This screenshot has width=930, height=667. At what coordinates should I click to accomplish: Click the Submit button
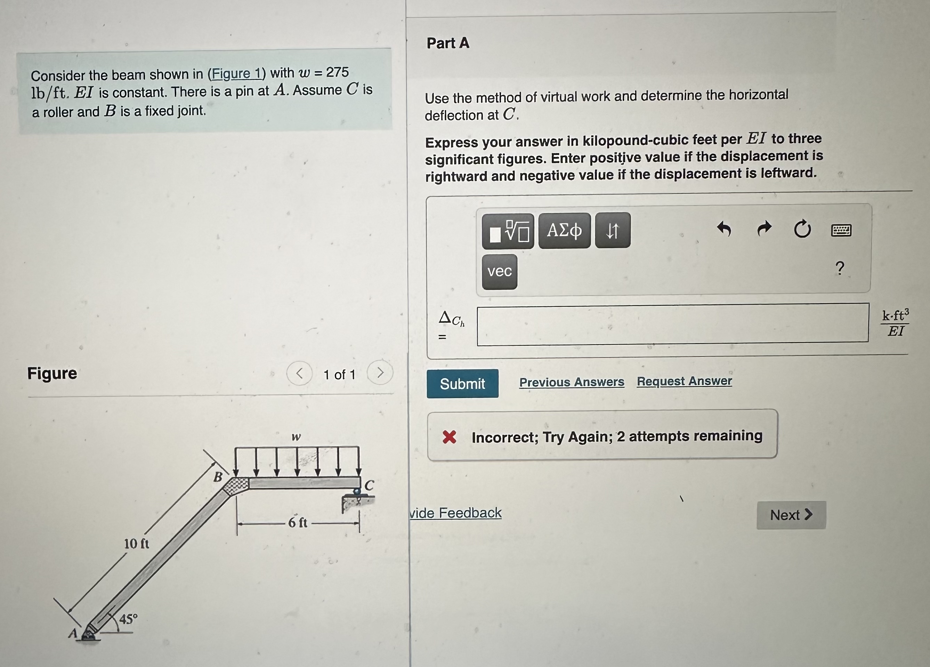pyautogui.click(x=462, y=384)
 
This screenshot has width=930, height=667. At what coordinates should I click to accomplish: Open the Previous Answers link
pyautogui.click(x=571, y=382)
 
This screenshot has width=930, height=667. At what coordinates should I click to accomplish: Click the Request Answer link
pyautogui.click(x=684, y=381)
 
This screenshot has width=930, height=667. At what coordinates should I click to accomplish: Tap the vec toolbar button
pyautogui.click(x=500, y=272)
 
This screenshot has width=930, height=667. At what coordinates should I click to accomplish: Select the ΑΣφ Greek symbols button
pyautogui.click(x=564, y=231)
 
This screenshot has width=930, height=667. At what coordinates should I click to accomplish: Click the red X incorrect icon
pyautogui.click(x=450, y=437)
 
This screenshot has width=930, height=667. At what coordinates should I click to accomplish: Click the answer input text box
pyautogui.click(x=672, y=324)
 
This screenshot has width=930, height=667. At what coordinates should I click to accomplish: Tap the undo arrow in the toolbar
pyautogui.click(x=724, y=229)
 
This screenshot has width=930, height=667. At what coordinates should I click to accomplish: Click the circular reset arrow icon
pyautogui.click(x=802, y=229)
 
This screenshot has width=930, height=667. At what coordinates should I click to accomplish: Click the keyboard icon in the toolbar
pyautogui.click(x=841, y=230)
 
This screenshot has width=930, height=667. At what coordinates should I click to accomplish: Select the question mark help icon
pyautogui.click(x=839, y=268)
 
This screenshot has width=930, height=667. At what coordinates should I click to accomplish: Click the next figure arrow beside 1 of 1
pyautogui.click(x=380, y=372)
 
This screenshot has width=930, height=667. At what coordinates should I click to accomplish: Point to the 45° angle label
pyautogui.click(x=128, y=619)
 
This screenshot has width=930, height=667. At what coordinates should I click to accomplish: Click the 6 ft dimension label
pyautogui.click(x=298, y=523)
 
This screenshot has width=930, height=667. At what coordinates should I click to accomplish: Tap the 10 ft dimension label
pyautogui.click(x=137, y=544)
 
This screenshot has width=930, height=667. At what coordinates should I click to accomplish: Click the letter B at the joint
pyautogui.click(x=218, y=477)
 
